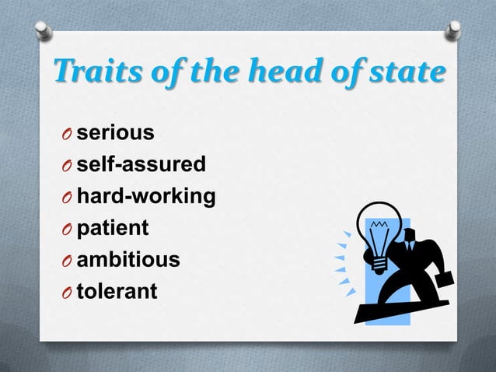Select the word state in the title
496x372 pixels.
click(410, 72)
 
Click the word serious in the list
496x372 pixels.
click(114, 134)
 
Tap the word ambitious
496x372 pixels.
click(127, 260)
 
